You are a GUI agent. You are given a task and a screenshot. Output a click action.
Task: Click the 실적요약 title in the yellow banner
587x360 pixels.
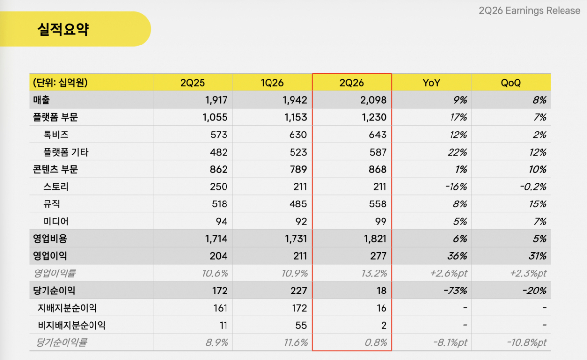[x=63, y=29]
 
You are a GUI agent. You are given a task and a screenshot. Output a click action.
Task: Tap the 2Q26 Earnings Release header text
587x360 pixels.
[x=529, y=11]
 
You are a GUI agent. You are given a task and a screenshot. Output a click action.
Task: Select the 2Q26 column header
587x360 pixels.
[x=352, y=83]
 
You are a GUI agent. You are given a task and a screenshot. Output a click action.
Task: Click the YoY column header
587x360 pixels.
[x=431, y=83]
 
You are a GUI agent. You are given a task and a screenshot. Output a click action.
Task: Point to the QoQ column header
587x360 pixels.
[x=511, y=83]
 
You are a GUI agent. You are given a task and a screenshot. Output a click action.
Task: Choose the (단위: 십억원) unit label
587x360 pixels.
[x=60, y=83]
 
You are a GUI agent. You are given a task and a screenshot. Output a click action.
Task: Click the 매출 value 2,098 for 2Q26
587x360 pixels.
[x=373, y=100]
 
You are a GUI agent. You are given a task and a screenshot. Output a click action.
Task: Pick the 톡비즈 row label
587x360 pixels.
[x=56, y=135]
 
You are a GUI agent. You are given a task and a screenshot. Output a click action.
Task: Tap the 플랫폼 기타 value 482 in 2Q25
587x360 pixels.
[x=219, y=152]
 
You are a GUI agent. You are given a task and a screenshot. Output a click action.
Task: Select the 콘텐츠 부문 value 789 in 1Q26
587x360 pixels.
[x=298, y=170]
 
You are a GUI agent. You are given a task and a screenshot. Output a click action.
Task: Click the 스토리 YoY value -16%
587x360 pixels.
[x=456, y=187]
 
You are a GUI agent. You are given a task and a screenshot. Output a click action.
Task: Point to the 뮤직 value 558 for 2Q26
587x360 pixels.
[x=378, y=204]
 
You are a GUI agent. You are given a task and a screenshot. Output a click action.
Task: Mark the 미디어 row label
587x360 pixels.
[x=56, y=222]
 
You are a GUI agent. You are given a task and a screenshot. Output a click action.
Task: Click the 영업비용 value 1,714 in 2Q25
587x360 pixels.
[x=216, y=239]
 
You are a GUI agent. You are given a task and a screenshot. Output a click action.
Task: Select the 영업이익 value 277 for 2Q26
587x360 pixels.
[x=378, y=256]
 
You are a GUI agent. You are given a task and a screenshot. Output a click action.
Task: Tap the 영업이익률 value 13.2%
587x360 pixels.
[x=374, y=273]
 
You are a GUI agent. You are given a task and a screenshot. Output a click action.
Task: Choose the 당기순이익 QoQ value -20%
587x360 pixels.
[x=534, y=291]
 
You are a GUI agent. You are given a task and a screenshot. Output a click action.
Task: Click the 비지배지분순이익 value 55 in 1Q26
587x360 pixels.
[x=301, y=325]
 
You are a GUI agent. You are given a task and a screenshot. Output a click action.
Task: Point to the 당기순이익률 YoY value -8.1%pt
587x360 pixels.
[x=450, y=343]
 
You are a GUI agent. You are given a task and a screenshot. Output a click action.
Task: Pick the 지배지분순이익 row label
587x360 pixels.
[x=68, y=308]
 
